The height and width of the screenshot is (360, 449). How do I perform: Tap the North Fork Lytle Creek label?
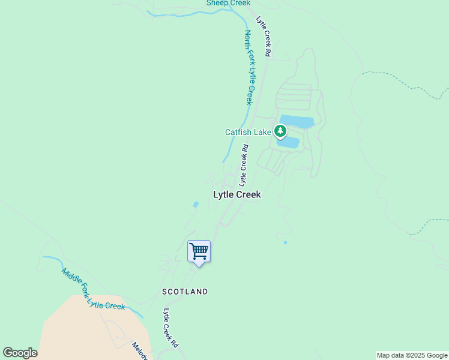tap(249, 67)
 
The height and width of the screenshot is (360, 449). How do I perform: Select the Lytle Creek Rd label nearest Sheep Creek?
tap(264, 37)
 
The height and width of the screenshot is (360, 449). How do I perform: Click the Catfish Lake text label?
tap(248, 132)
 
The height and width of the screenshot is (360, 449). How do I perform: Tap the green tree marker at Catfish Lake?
tap(280, 130)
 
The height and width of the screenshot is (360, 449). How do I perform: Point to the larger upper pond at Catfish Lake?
tap(297, 122)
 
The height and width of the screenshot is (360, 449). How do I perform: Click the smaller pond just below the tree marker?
tap(288, 143)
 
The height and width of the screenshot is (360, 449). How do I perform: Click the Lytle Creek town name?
tap(237, 194)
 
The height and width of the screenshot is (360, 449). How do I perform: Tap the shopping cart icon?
tap(199, 251)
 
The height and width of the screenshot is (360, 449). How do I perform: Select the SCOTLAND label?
tap(185, 292)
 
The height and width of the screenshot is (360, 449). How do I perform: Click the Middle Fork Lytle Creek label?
tap(93, 289)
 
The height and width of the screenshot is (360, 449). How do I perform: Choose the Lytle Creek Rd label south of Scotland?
tap(171, 328)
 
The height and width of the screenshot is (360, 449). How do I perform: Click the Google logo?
tap(20, 353)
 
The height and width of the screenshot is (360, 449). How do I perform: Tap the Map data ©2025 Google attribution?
tap(412, 355)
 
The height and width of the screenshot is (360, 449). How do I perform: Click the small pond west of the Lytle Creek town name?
tap(196, 205)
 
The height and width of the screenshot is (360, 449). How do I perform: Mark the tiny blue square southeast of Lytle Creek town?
tap(285, 242)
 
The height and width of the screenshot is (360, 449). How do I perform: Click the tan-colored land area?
tap(90, 330)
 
